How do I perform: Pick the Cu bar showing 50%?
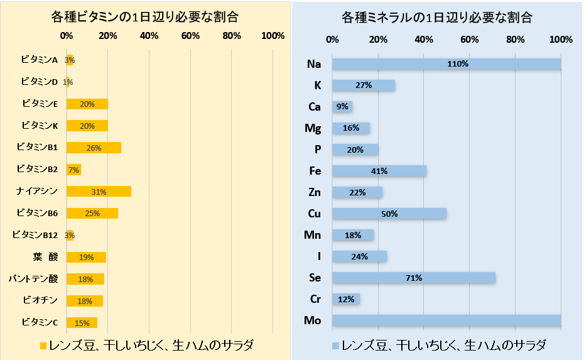pyautogui.click(x=389, y=214)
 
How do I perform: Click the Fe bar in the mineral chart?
pyautogui.click(x=379, y=171)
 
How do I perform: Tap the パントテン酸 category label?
pyautogui.click(x=33, y=279)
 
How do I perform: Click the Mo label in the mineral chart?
pyautogui.click(x=313, y=320)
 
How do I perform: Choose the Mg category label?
pyautogui.click(x=313, y=128)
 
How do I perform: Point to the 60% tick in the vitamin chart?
pyautogui.click(x=190, y=36)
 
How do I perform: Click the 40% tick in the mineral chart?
pyautogui.click(x=424, y=40)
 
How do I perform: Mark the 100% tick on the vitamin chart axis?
pyautogui.click(x=273, y=36)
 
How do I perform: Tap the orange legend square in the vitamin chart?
pyautogui.click(x=43, y=346)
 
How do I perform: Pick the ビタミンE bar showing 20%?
pyautogui.click(x=87, y=104)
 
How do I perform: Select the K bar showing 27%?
pyautogui.click(x=364, y=85)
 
